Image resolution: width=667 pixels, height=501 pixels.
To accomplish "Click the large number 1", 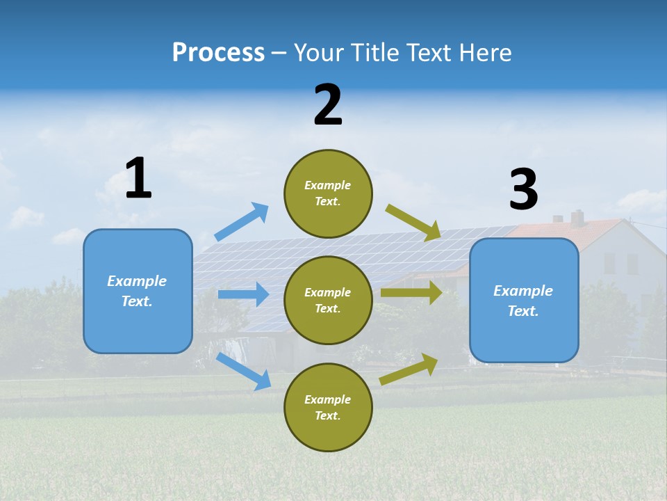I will tap(138, 178).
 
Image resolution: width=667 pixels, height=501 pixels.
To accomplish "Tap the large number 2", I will tap(328, 105).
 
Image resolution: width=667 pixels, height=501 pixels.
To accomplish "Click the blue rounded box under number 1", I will tap(138, 291).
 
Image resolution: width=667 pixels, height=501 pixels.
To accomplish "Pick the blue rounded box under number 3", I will tap(524, 301).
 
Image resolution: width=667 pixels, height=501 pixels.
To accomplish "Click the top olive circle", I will tap(328, 193).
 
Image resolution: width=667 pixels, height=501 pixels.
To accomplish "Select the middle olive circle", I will tap(328, 300).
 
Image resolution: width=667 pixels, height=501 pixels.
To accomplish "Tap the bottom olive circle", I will tap(328, 407).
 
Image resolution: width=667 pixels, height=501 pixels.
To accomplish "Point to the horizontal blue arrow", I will tap(243, 294).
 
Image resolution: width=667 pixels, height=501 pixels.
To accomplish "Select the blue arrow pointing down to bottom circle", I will tap(243, 371).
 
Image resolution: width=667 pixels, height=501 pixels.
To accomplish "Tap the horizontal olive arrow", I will tap(411, 293).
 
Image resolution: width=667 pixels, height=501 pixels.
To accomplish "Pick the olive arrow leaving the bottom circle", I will tap(409, 369).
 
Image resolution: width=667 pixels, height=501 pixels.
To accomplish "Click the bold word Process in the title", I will tap(218, 52).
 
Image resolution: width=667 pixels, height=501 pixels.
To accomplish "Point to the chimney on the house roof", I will tap(577, 217).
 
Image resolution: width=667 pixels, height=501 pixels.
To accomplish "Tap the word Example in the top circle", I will tap(327, 185).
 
